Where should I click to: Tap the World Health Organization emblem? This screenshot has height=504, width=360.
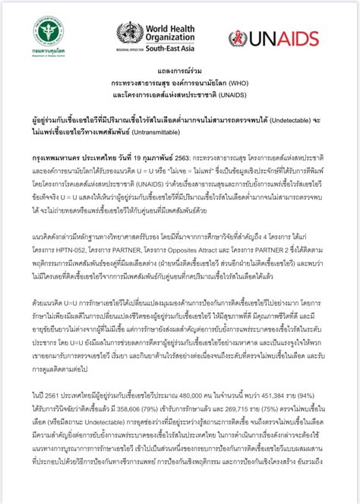click(x=129, y=33)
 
